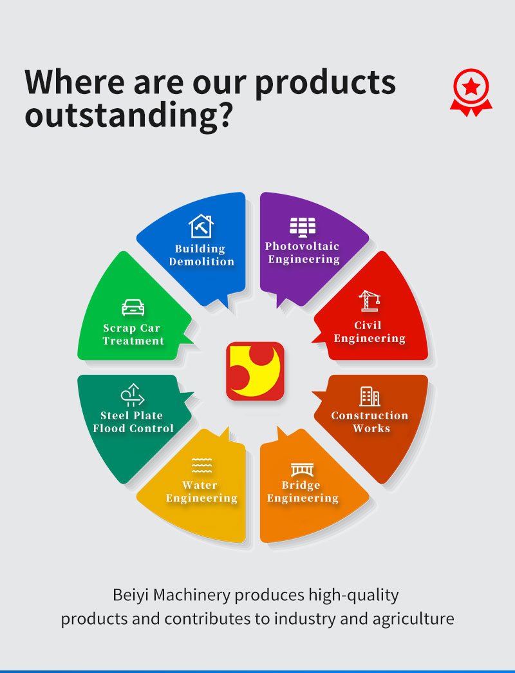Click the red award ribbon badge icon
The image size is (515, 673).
tap(471, 92)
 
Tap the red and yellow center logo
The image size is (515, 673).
tap(256, 371)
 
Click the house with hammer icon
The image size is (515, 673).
tap(201, 226)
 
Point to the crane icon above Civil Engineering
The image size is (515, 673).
tap(369, 301)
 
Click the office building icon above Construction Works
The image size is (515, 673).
tap(370, 396)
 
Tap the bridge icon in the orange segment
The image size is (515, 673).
tap(302, 469)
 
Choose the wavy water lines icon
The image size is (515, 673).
tap(201, 465)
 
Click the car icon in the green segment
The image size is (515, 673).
tap(133, 307)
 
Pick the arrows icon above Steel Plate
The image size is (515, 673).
tap(133, 395)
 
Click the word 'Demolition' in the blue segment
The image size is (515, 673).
tap(201, 261)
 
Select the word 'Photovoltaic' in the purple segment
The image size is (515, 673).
tap(302, 246)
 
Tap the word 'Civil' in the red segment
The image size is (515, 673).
tap(368, 325)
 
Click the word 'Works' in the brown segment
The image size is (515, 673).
tap(371, 428)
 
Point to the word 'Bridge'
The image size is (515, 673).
tap(301, 486)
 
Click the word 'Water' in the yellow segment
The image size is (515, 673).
tap(200, 485)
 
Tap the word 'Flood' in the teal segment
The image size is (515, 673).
tap(109, 428)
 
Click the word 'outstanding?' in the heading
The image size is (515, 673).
tap(129, 116)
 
